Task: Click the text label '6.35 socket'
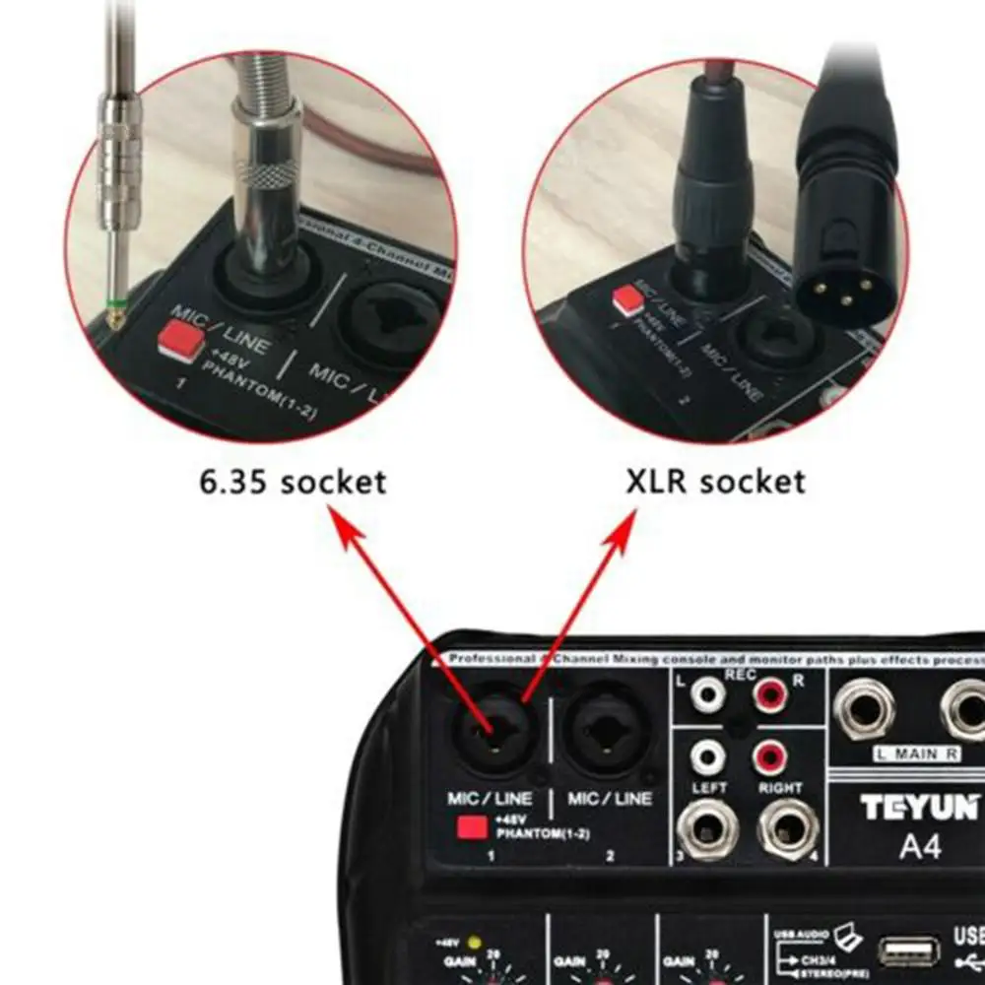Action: (x=293, y=482)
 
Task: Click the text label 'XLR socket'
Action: (x=715, y=482)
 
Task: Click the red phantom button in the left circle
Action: (x=180, y=341)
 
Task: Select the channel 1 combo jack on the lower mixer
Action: (x=490, y=728)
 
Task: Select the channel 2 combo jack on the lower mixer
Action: (x=610, y=728)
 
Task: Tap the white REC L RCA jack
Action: (x=708, y=694)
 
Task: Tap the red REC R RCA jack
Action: (x=770, y=694)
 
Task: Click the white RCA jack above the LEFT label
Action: (x=708, y=756)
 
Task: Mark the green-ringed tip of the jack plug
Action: (x=117, y=317)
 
